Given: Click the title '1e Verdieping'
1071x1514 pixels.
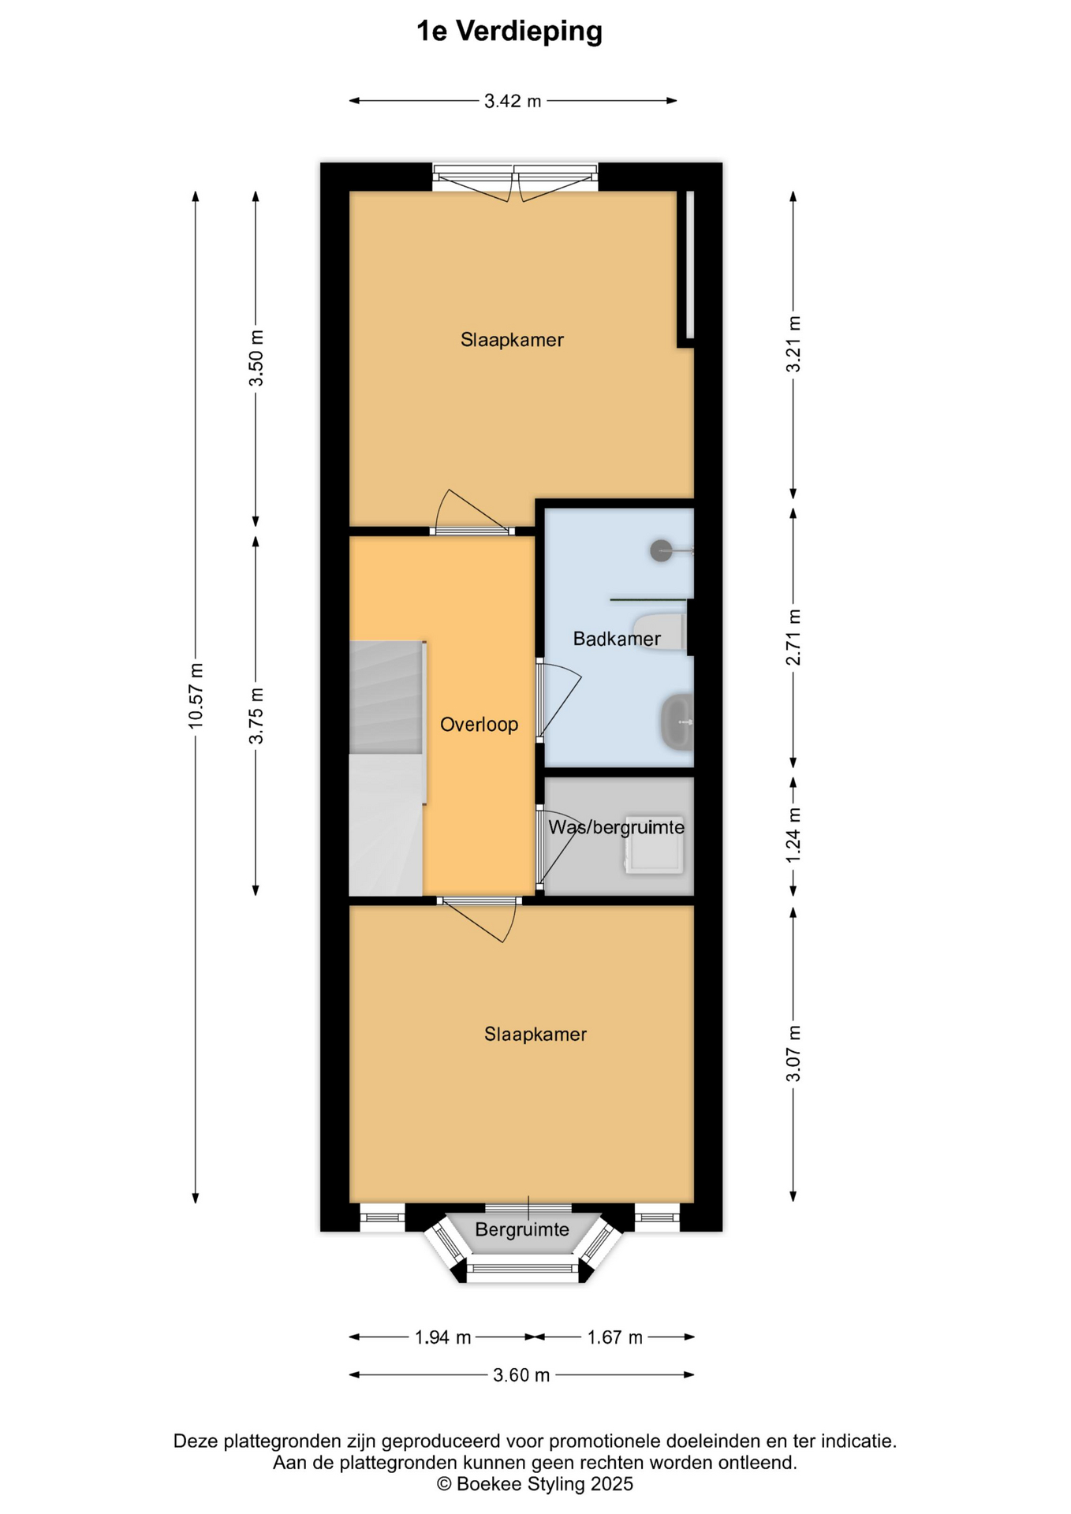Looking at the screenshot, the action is tap(509, 32).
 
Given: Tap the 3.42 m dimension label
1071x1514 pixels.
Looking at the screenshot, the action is tap(513, 101).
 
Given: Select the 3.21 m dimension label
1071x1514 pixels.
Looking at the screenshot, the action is tap(793, 345).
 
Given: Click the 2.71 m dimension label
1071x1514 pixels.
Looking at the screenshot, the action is tap(793, 637).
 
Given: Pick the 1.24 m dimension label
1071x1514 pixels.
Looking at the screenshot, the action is tap(793, 835).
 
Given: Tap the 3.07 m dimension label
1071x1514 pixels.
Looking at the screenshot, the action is tap(793, 1053).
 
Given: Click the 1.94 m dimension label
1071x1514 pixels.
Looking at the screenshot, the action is tap(442, 1337).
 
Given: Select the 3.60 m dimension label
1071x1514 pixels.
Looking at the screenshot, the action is tap(521, 1375).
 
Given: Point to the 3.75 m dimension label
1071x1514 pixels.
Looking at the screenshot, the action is tap(256, 716).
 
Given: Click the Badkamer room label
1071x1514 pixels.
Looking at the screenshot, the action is tap(617, 639).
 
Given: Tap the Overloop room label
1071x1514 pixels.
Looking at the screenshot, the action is tap(479, 725).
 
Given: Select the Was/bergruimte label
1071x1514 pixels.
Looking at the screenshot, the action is tap(617, 827).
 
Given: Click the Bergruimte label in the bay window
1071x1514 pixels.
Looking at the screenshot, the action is tap(522, 1229).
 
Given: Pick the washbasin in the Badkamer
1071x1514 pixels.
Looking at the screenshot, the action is tap(677, 722).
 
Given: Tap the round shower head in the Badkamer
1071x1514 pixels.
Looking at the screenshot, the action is tap(661, 550).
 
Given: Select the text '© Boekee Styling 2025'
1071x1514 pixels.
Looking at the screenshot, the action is tap(535, 1484).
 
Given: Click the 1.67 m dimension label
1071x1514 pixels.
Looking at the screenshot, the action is tap(614, 1337).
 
